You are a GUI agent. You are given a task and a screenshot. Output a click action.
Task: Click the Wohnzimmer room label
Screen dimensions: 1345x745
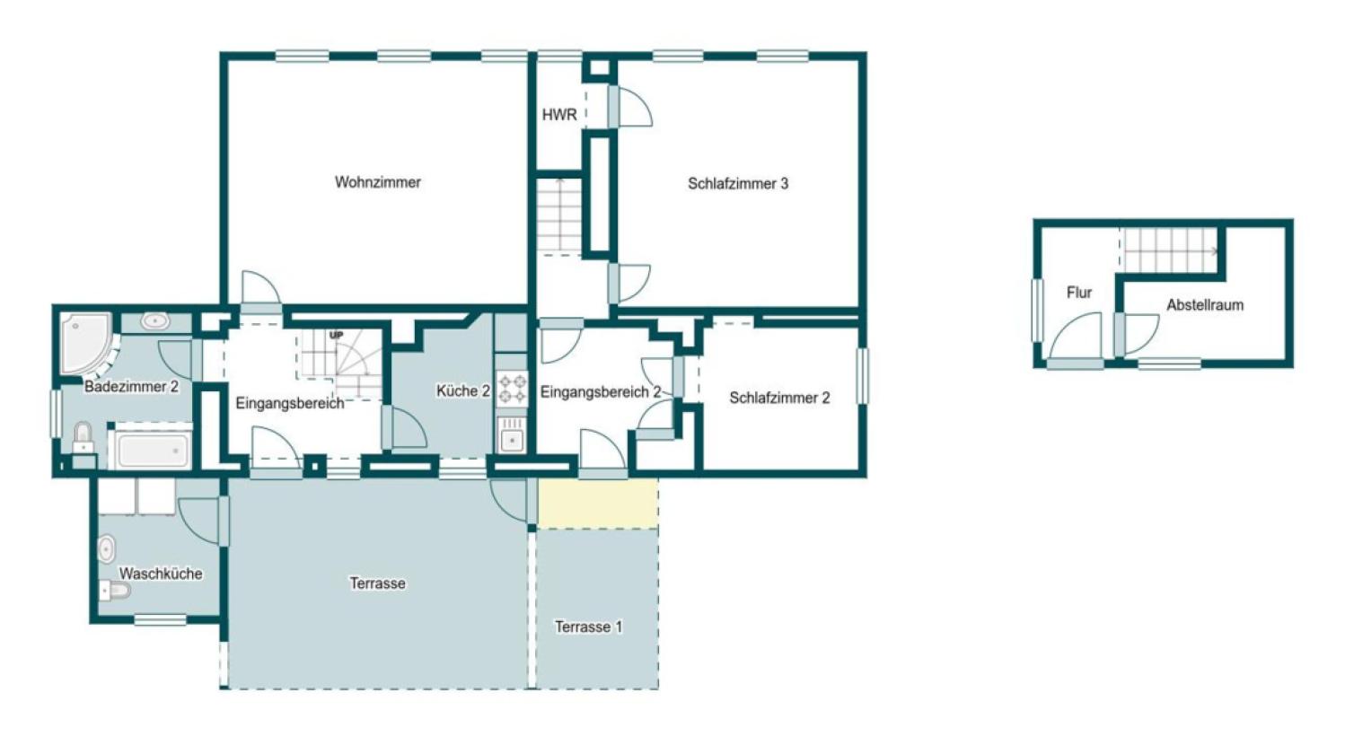point(378,182)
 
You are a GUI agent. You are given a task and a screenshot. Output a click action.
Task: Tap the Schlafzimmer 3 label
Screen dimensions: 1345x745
point(738,184)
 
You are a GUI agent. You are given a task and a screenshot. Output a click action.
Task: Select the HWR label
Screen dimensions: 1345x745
point(559,115)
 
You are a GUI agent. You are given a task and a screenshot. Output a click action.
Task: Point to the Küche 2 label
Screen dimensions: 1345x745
point(463,390)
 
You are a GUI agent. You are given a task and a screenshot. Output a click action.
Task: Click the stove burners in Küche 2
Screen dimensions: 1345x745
point(512,389)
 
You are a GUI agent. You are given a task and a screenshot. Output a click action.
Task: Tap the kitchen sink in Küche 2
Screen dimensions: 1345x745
point(512,434)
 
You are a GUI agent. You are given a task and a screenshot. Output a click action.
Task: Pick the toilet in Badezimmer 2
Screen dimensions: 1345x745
point(83,437)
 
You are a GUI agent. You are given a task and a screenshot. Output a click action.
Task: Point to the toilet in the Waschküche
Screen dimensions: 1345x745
point(114,591)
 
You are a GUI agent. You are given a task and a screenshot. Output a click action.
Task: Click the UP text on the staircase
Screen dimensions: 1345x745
point(336,335)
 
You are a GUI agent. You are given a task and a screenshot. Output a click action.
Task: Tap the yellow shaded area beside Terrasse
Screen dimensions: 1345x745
point(597,503)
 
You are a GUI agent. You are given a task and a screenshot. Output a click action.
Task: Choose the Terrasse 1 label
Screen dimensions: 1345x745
point(588,627)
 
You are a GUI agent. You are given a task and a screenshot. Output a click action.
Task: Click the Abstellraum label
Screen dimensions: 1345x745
point(1205,305)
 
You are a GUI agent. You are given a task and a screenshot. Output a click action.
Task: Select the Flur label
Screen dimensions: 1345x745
point(1079,293)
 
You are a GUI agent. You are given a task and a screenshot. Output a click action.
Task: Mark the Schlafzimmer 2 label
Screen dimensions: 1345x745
point(779,398)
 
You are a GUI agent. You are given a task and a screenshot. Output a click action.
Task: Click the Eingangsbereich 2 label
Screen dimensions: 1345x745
point(601,392)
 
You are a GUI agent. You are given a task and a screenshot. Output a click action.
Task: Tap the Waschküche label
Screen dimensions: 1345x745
point(161,574)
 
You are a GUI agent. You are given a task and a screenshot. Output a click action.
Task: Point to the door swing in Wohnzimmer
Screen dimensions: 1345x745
point(261,287)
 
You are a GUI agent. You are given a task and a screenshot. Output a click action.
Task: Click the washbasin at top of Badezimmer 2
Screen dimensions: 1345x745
point(155,321)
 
